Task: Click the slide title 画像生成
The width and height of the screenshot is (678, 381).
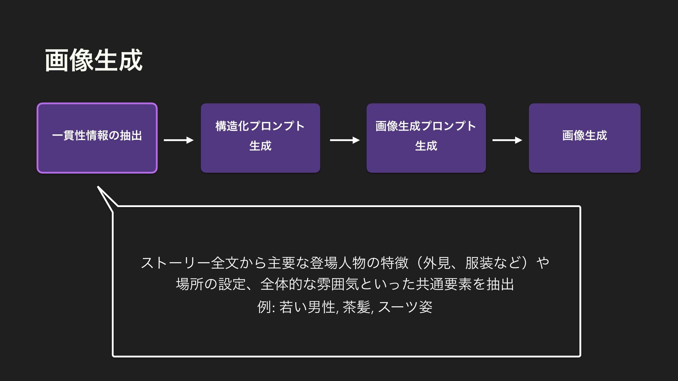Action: [x=94, y=61]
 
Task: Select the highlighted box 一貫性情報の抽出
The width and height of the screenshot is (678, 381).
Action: [x=97, y=138]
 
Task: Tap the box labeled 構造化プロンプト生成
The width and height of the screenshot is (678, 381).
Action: [x=260, y=138]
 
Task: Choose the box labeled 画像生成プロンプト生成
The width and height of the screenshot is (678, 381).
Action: [x=426, y=138]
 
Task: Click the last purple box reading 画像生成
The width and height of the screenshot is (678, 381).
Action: [x=584, y=138]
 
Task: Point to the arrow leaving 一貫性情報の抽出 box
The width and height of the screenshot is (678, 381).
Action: [x=179, y=140]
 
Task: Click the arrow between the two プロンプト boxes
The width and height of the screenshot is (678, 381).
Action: [x=345, y=140]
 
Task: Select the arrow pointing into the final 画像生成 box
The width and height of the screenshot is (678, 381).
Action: [x=507, y=140]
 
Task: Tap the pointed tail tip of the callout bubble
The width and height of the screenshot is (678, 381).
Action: [x=98, y=187]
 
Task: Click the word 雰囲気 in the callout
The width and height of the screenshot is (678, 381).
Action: [x=338, y=284]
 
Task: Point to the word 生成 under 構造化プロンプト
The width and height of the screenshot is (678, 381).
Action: [x=260, y=146]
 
